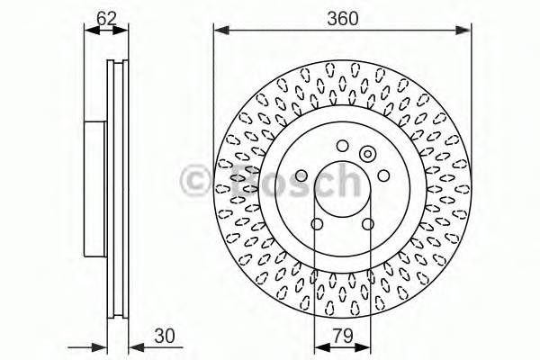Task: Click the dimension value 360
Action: click(342, 16)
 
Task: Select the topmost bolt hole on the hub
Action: click(341, 147)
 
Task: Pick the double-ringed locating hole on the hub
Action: click(367, 154)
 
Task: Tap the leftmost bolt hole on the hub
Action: click(301, 176)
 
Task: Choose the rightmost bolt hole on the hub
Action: click(382, 176)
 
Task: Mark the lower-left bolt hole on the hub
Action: click(316, 225)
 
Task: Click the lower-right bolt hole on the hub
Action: click(367, 225)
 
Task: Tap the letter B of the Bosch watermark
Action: click(240, 182)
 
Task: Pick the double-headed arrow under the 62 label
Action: click(106, 30)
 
